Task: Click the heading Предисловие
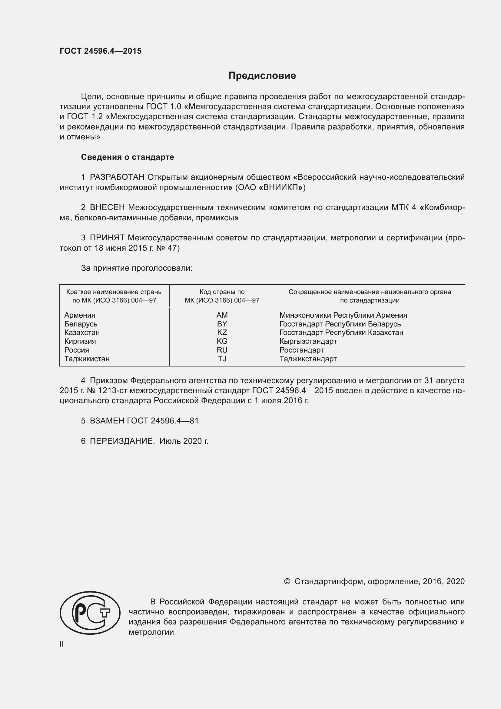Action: pos(262,76)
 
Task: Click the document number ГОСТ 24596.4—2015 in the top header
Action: pos(101,51)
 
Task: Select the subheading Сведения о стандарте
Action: pos(128,157)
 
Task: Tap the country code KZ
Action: pos(222,333)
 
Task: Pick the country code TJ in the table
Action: pos(222,359)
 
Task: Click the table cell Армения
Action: pos(80,315)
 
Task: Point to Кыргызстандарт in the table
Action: pos(308,341)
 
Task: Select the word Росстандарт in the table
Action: pos(301,350)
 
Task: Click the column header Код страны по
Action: pos(222,292)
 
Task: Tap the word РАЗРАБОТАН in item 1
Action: pos(117,177)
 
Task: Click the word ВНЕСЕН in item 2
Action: pos(107,208)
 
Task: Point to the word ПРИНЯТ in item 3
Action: pos(107,238)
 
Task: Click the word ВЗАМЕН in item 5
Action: pos(107,421)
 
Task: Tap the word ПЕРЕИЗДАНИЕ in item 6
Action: pos(122,441)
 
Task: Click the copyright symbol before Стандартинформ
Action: pos(287,581)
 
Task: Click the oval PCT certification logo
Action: pos(90,613)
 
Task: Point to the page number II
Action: pos(62,644)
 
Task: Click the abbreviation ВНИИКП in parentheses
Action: pos(282,187)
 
